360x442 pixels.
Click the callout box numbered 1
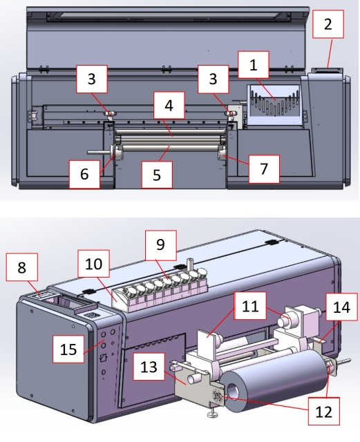254,64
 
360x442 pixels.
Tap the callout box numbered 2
328,24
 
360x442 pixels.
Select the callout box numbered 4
169,105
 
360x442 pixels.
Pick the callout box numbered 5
157,175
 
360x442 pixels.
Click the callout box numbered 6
84,174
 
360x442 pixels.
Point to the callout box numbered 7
264,169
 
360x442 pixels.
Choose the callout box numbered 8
22,267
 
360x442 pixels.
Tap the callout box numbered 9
161,245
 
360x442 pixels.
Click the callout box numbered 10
94,263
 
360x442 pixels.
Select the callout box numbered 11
250,305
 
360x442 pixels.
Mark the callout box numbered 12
323,411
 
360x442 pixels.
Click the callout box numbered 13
149,366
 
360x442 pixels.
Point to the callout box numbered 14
341,307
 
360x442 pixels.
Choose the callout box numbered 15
68,349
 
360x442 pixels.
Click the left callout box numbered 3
92,79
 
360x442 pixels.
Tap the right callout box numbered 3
213,79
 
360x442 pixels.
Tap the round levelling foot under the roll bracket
212,414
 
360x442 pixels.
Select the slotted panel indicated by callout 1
273,105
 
